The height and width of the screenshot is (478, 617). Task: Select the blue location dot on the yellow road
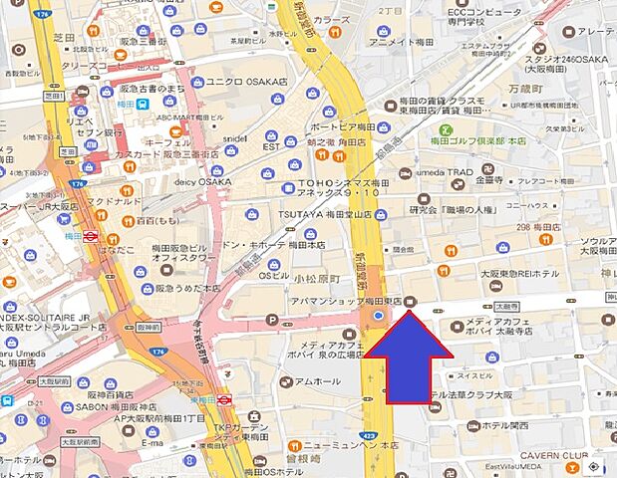(x=378, y=318)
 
